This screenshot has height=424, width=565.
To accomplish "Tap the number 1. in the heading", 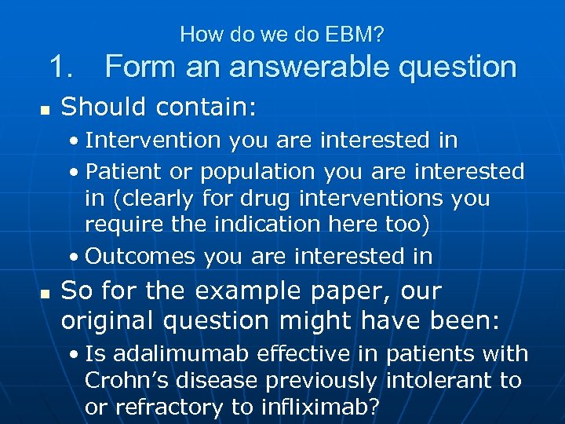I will click(65, 67).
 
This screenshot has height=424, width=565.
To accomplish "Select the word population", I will click(257, 172).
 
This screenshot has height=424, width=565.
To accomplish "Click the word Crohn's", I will click(125, 381).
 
